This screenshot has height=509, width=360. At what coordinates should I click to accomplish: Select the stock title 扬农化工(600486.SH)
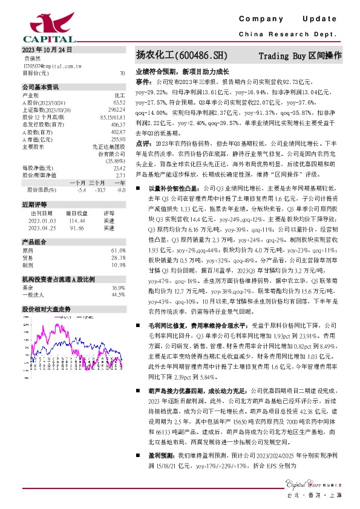182,56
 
